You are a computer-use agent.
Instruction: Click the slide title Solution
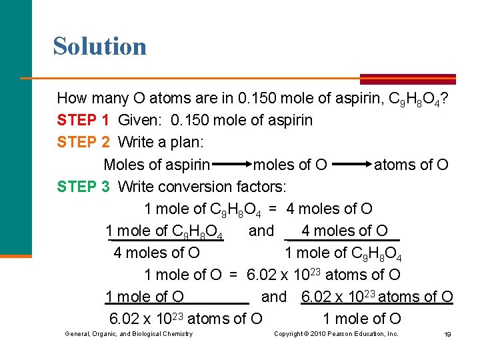click(100, 46)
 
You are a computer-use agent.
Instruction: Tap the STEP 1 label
click(83, 121)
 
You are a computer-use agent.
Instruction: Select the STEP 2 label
click(83, 143)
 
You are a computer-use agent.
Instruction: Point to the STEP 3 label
click(83, 187)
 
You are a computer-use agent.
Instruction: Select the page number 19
click(447, 334)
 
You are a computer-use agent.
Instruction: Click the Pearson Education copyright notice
click(336, 333)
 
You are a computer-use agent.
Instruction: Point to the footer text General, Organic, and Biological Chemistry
click(129, 333)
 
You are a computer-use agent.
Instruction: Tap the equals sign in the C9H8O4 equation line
click(273, 209)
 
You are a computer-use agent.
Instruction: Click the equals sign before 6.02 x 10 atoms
click(233, 275)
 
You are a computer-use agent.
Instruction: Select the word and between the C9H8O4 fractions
click(261, 231)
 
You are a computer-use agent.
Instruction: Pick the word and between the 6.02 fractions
click(274, 297)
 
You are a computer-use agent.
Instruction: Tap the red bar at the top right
click(407, 78)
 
